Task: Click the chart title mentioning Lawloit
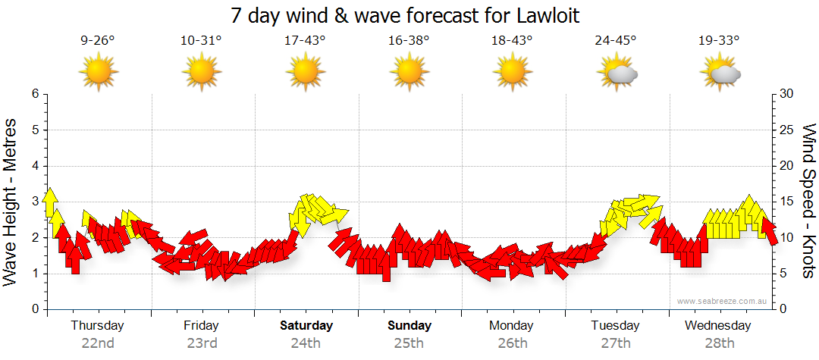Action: (x=409, y=15)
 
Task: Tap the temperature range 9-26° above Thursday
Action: (x=98, y=41)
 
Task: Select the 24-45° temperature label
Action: (x=616, y=41)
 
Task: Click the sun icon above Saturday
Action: (x=306, y=73)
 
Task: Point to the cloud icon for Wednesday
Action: (x=724, y=74)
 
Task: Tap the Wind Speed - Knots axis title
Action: (x=808, y=202)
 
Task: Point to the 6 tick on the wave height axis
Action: (x=35, y=94)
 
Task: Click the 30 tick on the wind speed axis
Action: (x=787, y=94)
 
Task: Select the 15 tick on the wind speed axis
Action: (x=787, y=202)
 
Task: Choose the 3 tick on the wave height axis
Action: (x=35, y=202)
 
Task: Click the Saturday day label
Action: (x=306, y=326)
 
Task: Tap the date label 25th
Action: (x=409, y=343)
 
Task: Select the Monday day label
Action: (x=512, y=326)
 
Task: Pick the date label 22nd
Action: (x=98, y=343)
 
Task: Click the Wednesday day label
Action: (x=717, y=326)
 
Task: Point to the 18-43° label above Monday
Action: (x=513, y=41)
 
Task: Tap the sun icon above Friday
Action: (x=202, y=73)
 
